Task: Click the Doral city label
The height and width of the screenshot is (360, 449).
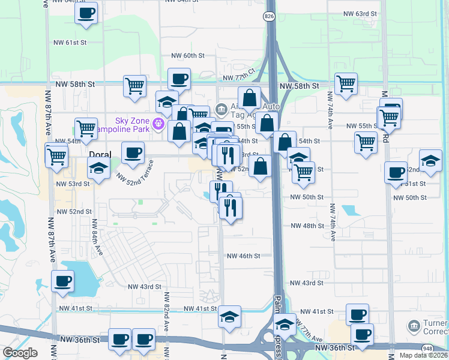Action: coord(99,154)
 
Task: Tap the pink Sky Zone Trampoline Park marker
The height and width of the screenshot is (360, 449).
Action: coord(158,124)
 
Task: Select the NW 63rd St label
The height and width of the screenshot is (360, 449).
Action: coord(360,13)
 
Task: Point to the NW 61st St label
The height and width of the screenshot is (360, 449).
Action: coord(70,43)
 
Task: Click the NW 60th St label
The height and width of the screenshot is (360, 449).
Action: coord(188,55)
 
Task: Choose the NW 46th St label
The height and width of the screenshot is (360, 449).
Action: coord(243,256)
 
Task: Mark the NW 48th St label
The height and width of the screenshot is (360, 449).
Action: coord(307,226)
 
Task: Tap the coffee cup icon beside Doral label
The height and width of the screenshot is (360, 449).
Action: coord(133,152)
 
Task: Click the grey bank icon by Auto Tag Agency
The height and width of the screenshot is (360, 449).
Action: coord(221,109)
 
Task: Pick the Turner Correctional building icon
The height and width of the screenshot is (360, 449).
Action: coord(414,326)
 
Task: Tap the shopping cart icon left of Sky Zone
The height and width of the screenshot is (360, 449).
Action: coord(86,128)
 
